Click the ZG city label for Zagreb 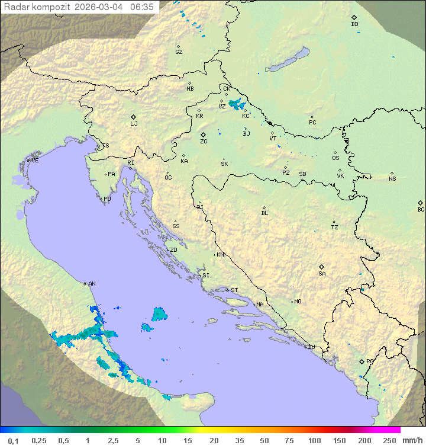tap(204, 142)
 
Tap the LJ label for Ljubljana tap(134, 124)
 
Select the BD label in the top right tap(354, 24)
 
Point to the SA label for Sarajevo tap(322, 273)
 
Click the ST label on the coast tap(234, 290)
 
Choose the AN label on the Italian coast tap(92, 284)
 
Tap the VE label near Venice tap(35, 161)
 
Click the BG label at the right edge tap(421, 209)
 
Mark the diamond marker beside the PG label tap(362, 361)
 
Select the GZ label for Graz tap(179, 52)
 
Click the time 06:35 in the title tap(141, 7)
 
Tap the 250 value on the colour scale tap(389, 440)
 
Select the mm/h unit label tap(412, 440)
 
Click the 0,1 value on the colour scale tap(13, 440)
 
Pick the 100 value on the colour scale tap(314, 440)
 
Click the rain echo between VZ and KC tap(237, 105)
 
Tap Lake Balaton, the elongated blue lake tap(287, 60)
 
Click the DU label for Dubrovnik tap(311, 347)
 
